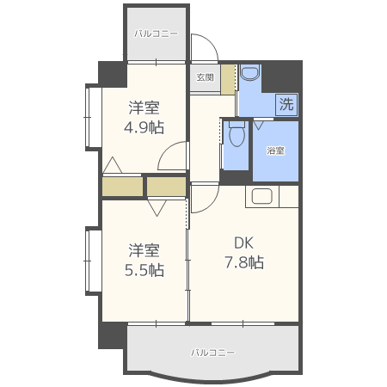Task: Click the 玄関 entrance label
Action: pos(205,77)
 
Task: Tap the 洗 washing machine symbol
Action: pos(286,104)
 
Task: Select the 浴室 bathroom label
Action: pos(275,150)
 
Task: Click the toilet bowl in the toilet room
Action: pos(236,135)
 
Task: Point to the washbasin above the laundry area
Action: pos(250,72)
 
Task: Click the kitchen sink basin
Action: pos(261,196)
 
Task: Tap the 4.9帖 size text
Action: pos(144,127)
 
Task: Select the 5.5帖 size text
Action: pos(144,270)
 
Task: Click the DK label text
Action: pos(244,243)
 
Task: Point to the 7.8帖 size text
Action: pos(244,262)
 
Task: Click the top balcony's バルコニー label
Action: pos(156,34)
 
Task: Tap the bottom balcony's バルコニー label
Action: pos(213,352)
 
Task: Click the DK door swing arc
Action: pos(212,203)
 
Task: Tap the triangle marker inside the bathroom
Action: pos(259,126)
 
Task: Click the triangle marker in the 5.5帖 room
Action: pos(157,208)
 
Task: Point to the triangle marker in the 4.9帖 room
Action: pos(113,165)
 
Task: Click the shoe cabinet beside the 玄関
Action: pos(228,79)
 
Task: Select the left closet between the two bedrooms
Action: pos(122,187)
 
